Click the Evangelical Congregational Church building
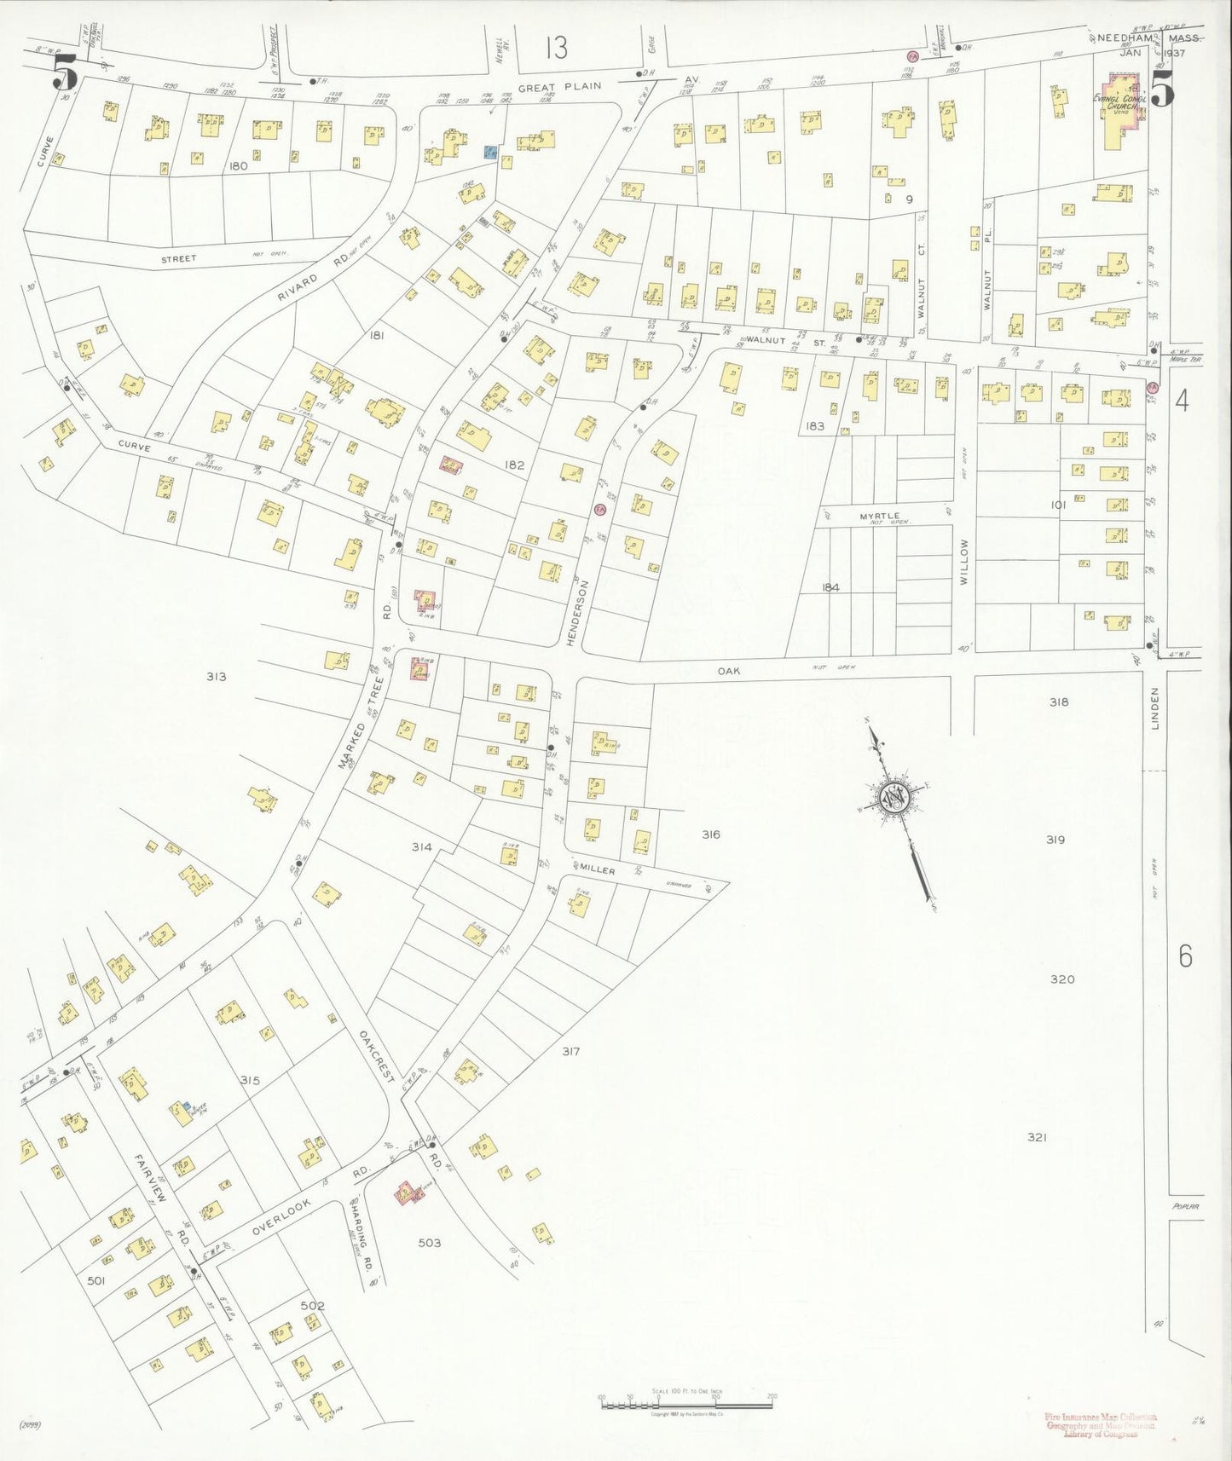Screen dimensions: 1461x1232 tap(1118, 112)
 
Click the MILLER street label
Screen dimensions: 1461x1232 tap(598, 869)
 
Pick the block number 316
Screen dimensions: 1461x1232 tap(710, 834)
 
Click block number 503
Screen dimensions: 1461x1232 tap(430, 1243)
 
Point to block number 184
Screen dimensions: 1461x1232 tap(830, 587)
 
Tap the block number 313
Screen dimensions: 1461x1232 tap(216, 676)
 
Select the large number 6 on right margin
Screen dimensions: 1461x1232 tap(1185, 956)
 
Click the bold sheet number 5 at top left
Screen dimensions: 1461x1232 tap(65, 72)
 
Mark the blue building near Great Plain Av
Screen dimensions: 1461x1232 tap(490, 152)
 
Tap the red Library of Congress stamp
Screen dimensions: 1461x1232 tap(1100, 1424)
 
